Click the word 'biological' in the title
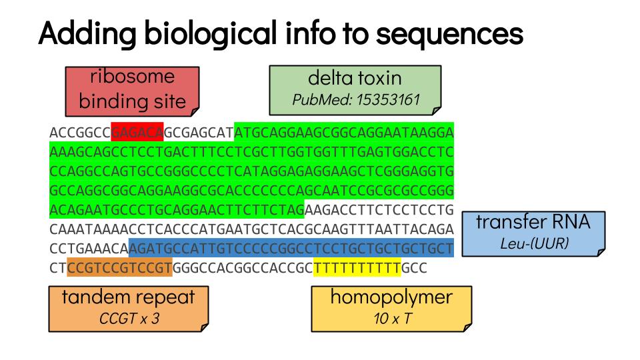click(x=211, y=33)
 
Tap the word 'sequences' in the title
click(x=450, y=33)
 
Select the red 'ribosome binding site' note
click(x=132, y=91)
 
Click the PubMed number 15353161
click(x=388, y=99)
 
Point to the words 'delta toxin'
click(x=355, y=78)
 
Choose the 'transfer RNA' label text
click(x=533, y=222)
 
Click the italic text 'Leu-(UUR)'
click(x=534, y=244)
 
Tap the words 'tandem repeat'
click(x=128, y=297)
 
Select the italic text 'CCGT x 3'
click(x=129, y=319)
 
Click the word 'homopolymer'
click(x=391, y=297)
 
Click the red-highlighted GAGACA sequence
click(x=137, y=132)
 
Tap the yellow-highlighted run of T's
click(x=357, y=268)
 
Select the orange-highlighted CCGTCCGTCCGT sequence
click(x=119, y=267)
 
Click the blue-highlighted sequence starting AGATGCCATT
click(x=291, y=248)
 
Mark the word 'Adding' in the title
click(x=87, y=33)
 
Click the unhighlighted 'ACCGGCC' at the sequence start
click(x=80, y=133)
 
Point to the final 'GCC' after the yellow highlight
click(x=414, y=268)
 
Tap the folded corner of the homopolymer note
click(x=467, y=327)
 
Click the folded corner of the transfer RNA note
click(x=601, y=252)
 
